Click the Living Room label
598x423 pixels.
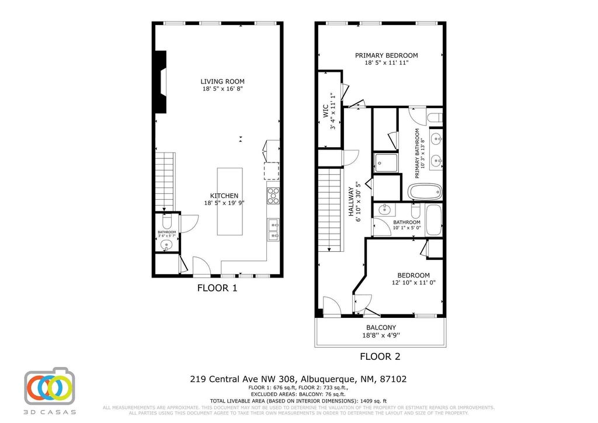222,81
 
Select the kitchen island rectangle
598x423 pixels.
230,202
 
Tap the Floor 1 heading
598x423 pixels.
217,287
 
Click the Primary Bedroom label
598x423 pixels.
386,56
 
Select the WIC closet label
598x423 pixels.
325,112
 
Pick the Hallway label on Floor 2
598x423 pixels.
352,202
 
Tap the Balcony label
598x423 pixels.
381,327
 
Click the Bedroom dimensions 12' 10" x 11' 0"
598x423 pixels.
413,283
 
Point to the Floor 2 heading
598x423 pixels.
380,356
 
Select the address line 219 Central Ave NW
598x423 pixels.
298,379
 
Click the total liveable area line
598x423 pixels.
298,401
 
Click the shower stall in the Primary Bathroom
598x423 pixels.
385,163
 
